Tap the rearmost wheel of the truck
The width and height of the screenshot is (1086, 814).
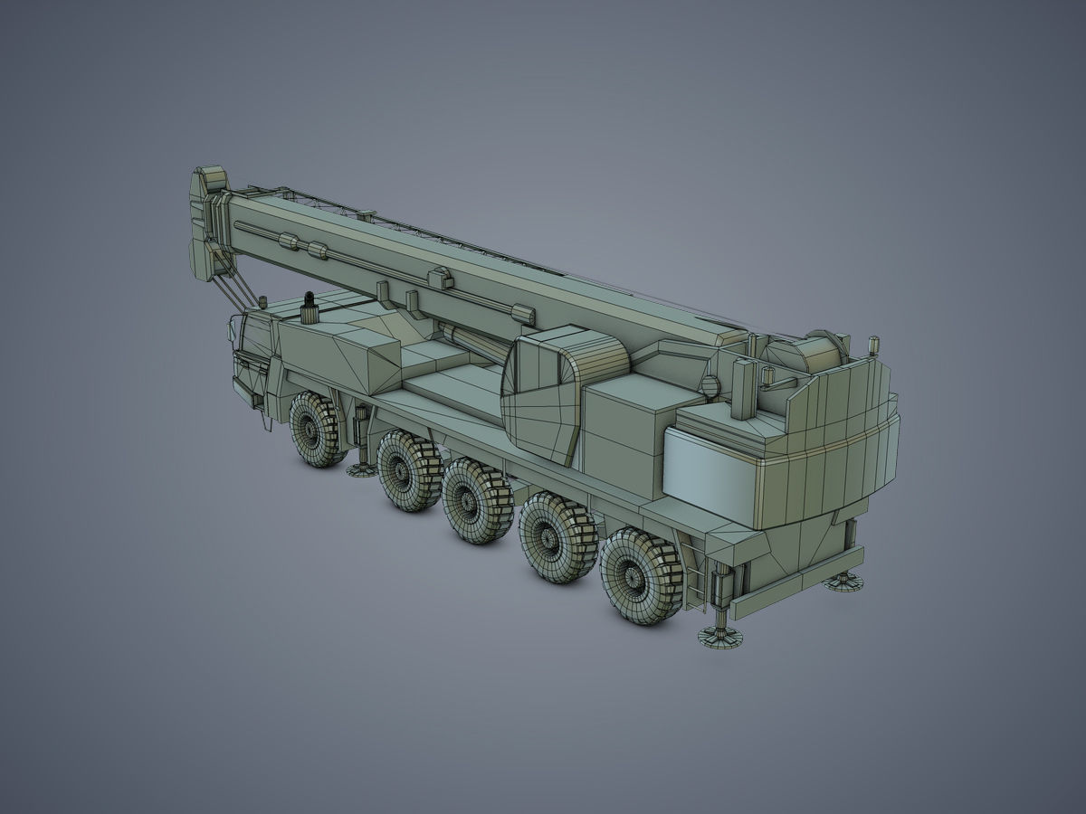[x=641, y=575]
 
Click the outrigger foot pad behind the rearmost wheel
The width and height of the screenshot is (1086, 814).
[x=720, y=639]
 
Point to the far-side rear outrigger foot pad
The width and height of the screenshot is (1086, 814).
[x=843, y=581]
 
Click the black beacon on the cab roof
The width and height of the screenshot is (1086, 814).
[x=309, y=299]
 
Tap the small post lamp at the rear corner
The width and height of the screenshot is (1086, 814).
[x=873, y=345]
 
